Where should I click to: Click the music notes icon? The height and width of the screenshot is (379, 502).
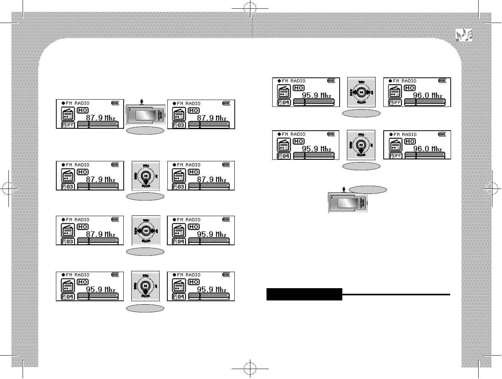tap(464, 35)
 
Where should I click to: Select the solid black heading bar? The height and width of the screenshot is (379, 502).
tap(304, 294)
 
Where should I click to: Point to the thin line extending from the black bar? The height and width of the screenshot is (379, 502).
tap(396, 294)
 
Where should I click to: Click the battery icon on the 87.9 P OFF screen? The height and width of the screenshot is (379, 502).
tap(115, 103)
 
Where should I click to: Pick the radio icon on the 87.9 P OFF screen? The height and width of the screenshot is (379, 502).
tap(68, 114)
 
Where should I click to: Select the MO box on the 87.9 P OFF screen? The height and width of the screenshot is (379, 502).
tap(83, 110)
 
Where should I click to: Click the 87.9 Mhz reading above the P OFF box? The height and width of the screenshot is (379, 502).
tap(100, 118)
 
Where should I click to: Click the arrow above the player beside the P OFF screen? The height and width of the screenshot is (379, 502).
tap(142, 102)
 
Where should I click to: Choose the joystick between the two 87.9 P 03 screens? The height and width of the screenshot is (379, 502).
tap(146, 176)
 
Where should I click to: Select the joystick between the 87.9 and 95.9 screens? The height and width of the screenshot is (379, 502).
tap(146, 231)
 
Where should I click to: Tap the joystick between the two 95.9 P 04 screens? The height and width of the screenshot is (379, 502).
tap(146, 286)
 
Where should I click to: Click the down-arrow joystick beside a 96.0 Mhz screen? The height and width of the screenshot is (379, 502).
tap(361, 145)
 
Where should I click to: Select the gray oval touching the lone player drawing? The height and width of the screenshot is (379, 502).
tap(368, 189)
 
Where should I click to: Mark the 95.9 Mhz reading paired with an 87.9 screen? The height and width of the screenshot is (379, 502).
tap(212, 234)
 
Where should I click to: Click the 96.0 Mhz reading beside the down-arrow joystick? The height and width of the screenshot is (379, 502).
tap(428, 149)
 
